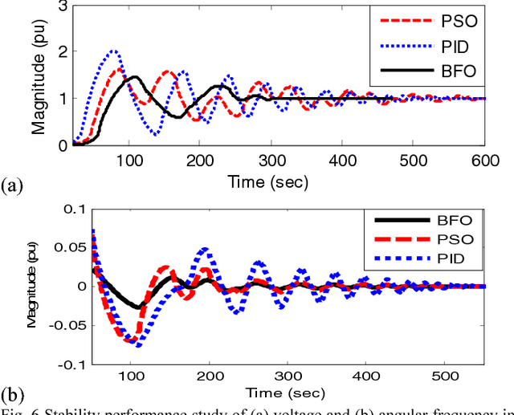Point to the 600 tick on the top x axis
(x=483, y=159)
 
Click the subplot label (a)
(x=12, y=186)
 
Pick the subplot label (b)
(x=12, y=394)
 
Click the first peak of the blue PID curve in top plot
(x=115, y=51)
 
